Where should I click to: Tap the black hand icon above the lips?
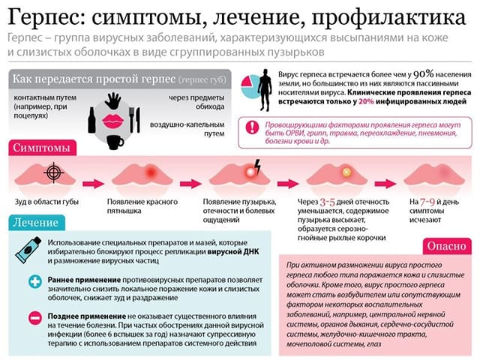point(114,99)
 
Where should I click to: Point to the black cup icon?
point(115,140)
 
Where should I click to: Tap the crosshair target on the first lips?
point(53,172)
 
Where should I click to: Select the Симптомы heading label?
point(42,148)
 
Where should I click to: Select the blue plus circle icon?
point(34,282)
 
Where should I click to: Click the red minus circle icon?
point(34,318)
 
